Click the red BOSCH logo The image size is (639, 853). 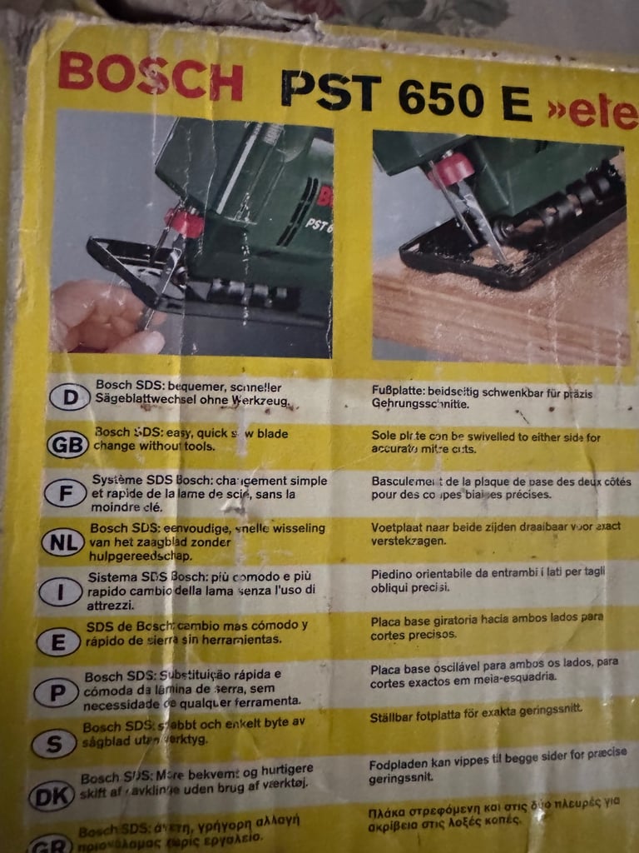point(150,79)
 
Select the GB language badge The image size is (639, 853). point(67,445)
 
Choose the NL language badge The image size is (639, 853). point(62,542)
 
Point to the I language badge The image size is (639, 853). point(59,592)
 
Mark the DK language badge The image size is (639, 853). point(52,796)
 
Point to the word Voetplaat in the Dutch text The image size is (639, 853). point(399,526)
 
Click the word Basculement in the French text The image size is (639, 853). point(411,481)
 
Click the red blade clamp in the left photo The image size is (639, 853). point(184,222)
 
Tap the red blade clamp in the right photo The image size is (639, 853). point(452,169)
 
